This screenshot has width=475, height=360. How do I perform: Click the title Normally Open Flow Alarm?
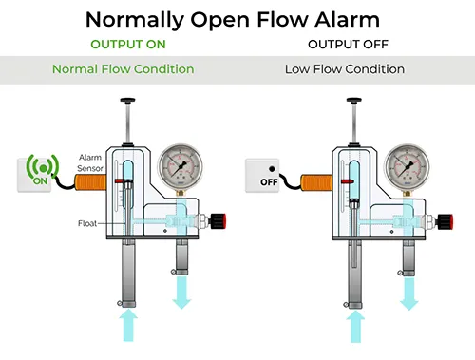click(233, 20)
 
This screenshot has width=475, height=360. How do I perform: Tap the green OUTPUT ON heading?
click(128, 45)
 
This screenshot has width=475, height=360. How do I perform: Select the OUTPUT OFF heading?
click(348, 45)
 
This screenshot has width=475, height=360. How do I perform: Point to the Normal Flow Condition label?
click(123, 69)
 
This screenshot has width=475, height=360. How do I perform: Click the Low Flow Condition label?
click(345, 69)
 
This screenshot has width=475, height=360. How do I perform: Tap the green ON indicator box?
click(34, 175)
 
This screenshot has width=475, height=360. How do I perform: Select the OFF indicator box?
click(262, 176)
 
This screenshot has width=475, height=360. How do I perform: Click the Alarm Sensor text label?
click(90, 162)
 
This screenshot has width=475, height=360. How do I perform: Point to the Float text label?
click(87, 223)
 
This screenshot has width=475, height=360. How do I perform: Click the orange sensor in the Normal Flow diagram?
click(90, 182)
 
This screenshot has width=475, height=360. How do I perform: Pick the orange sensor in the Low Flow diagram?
click(316, 182)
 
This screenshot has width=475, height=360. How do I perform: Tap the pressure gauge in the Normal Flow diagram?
click(180, 165)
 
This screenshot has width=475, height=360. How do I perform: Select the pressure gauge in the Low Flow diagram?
click(407, 166)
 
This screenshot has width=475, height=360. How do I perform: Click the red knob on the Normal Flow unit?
click(218, 221)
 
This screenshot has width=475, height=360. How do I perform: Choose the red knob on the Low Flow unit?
click(446, 221)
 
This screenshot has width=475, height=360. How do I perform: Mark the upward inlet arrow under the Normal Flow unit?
click(128, 326)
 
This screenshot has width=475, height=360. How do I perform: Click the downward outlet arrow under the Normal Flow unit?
click(181, 293)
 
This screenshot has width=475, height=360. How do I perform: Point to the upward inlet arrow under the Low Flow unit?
click(355, 327)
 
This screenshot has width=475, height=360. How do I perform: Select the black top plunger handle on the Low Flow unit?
click(354, 101)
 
